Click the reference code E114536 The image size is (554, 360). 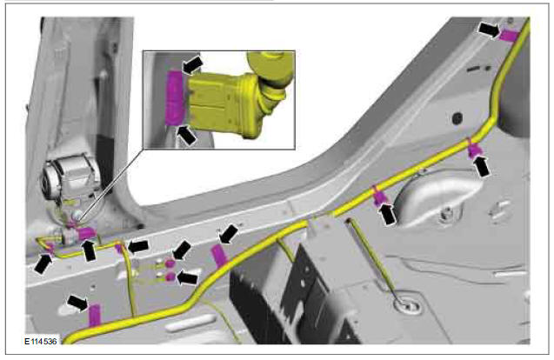[x=40, y=342]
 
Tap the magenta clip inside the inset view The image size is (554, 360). [x=176, y=98]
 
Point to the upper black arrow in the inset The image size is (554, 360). [x=192, y=65]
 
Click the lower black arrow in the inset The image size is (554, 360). [x=186, y=136]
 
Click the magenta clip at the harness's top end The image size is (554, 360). [x=510, y=36]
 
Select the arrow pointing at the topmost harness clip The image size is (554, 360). [x=490, y=30]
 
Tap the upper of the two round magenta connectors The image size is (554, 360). [x=170, y=263]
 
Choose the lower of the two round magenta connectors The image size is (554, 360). [x=170, y=277]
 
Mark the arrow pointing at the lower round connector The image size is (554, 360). [x=187, y=278]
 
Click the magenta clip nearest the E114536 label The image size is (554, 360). [x=95, y=315]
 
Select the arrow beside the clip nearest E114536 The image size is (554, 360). [x=77, y=303]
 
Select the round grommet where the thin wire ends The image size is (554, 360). [x=407, y=303]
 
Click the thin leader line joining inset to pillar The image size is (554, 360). [x=109, y=184]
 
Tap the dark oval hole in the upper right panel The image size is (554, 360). [x=457, y=118]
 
